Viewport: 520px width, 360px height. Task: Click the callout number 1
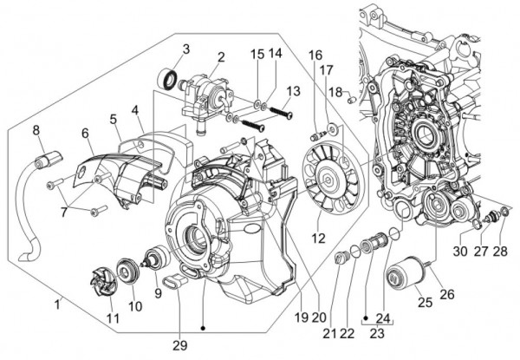click(x=58, y=304)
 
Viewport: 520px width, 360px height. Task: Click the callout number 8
click(x=36, y=131)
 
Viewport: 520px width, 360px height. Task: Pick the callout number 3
click(x=185, y=48)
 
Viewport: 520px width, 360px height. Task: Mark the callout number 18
click(x=335, y=91)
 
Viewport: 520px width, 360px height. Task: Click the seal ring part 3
click(x=167, y=81)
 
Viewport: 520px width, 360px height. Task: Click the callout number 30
click(x=460, y=252)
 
